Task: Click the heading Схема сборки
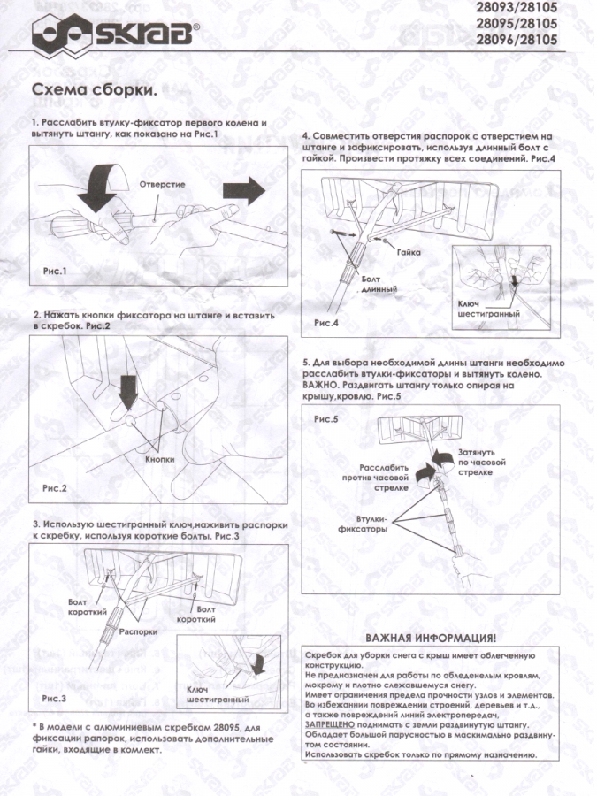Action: (x=95, y=90)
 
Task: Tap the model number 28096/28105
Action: (x=517, y=39)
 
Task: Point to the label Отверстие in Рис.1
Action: (x=163, y=184)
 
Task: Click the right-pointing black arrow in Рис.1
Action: (x=244, y=192)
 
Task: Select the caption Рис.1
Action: (x=55, y=272)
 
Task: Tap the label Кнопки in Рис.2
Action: (x=160, y=459)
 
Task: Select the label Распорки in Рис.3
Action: (x=139, y=632)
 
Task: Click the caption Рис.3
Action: (x=54, y=699)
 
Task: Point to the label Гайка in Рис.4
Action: (x=409, y=252)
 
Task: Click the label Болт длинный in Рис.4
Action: (x=379, y=284)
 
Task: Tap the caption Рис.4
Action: (x=325, y=323)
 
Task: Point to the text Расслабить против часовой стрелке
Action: (x=375, y=478)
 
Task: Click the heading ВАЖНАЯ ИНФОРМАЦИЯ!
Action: (x=431, y=638)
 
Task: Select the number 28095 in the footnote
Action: (x=189, y=728)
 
